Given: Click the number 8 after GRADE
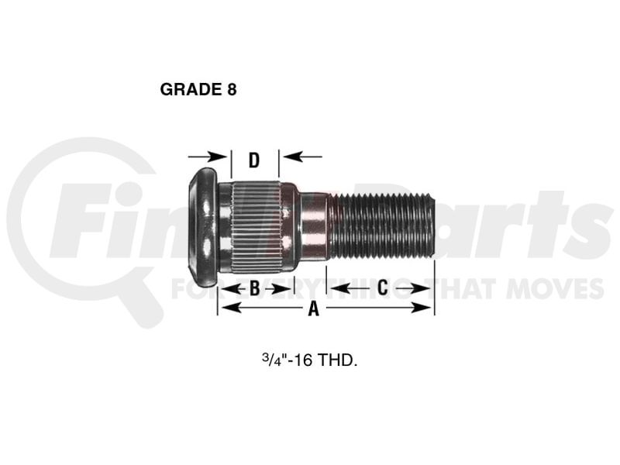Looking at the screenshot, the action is click(232, 89).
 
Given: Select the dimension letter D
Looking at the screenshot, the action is click(254, 160).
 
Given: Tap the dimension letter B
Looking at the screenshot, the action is click(255, 288).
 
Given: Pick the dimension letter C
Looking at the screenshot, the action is click(382, 288).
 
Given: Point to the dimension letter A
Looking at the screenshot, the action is click(314, 308).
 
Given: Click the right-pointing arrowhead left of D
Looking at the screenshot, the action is click(218, 157).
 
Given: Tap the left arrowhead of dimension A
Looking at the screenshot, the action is click(230, 307).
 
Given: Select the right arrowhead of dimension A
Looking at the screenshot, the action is click(422, 307).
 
